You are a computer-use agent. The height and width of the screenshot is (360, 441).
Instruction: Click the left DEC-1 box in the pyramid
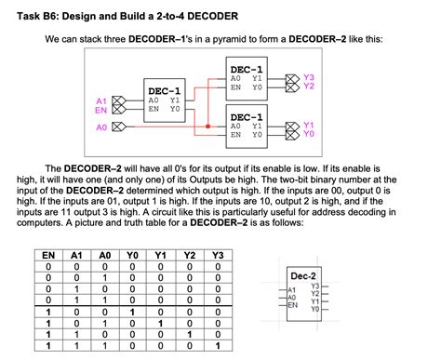pos(164,100)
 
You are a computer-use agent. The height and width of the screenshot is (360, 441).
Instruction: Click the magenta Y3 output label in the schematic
pos(309,76)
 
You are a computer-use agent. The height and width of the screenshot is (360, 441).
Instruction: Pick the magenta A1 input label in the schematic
pos(102,99)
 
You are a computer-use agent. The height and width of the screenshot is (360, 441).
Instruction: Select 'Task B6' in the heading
pos(40,17)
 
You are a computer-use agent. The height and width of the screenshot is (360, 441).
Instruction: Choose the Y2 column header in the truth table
pos(190,254)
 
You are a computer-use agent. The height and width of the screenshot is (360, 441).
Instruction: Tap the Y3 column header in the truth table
pos(218,254)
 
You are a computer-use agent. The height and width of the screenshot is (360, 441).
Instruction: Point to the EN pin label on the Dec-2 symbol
pos(293,304)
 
